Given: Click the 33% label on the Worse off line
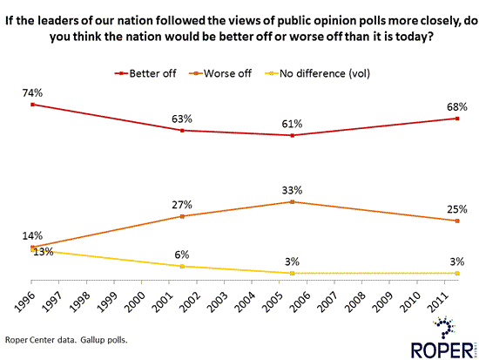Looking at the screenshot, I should (293, 189).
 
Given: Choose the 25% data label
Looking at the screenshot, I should (456, 209).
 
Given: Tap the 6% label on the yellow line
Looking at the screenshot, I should (181, 255).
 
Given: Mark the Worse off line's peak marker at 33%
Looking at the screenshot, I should (293, 201).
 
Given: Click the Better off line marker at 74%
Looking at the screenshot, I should (32, 105).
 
